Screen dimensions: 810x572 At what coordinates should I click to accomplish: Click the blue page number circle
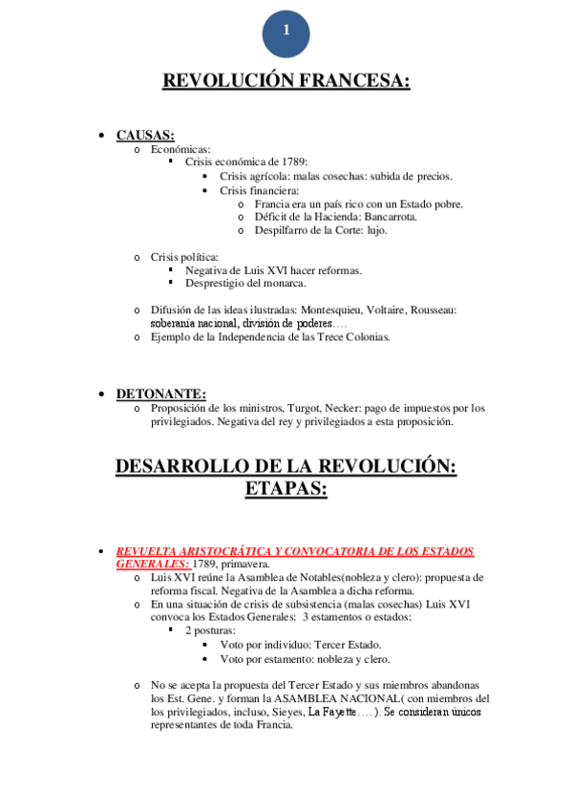(286, 31)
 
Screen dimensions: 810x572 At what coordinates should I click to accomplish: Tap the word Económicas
(180, 149)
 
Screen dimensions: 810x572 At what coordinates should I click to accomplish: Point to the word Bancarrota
(384, 217)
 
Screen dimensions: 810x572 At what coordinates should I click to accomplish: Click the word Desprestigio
(216, 284)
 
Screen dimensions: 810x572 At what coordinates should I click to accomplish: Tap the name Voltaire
(399, 310)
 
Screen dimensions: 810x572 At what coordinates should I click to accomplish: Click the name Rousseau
(454, 310)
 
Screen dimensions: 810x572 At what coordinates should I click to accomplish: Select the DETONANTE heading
(160, 394)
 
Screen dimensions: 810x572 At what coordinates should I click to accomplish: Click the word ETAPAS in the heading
(286, 490)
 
